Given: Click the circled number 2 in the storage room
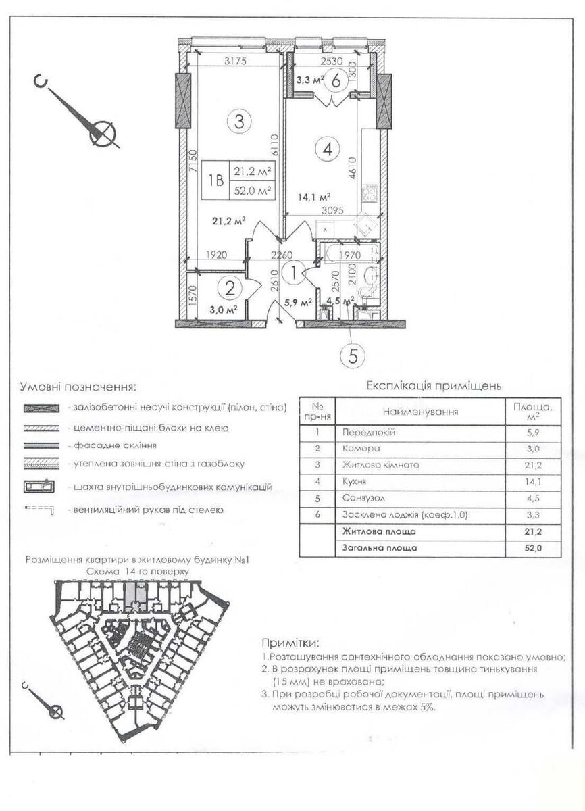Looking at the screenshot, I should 230,289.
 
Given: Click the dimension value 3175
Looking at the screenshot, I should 236,62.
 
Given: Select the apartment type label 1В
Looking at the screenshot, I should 216,180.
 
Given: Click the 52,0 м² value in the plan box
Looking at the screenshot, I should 252,190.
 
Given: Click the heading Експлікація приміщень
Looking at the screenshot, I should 433,387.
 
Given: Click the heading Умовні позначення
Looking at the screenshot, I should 78,387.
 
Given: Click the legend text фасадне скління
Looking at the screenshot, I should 112,446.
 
